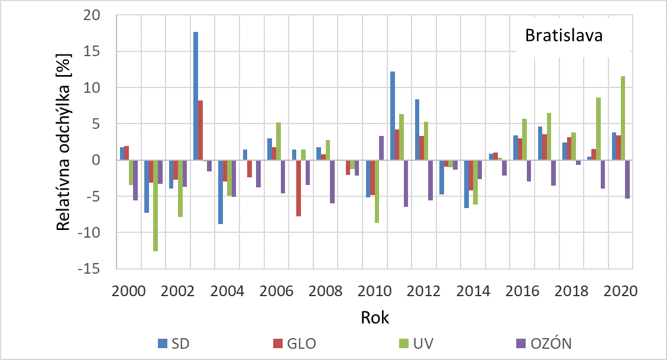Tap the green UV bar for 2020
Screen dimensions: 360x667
point(623,118)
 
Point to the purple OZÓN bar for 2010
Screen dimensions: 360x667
point(381,148)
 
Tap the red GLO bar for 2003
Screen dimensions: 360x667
point(200,130)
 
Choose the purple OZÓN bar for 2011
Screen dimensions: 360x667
point(406,183)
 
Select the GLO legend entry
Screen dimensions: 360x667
point(293,343)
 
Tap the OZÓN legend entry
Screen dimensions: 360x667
point(543,343)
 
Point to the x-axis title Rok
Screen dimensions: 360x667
point(375,317)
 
